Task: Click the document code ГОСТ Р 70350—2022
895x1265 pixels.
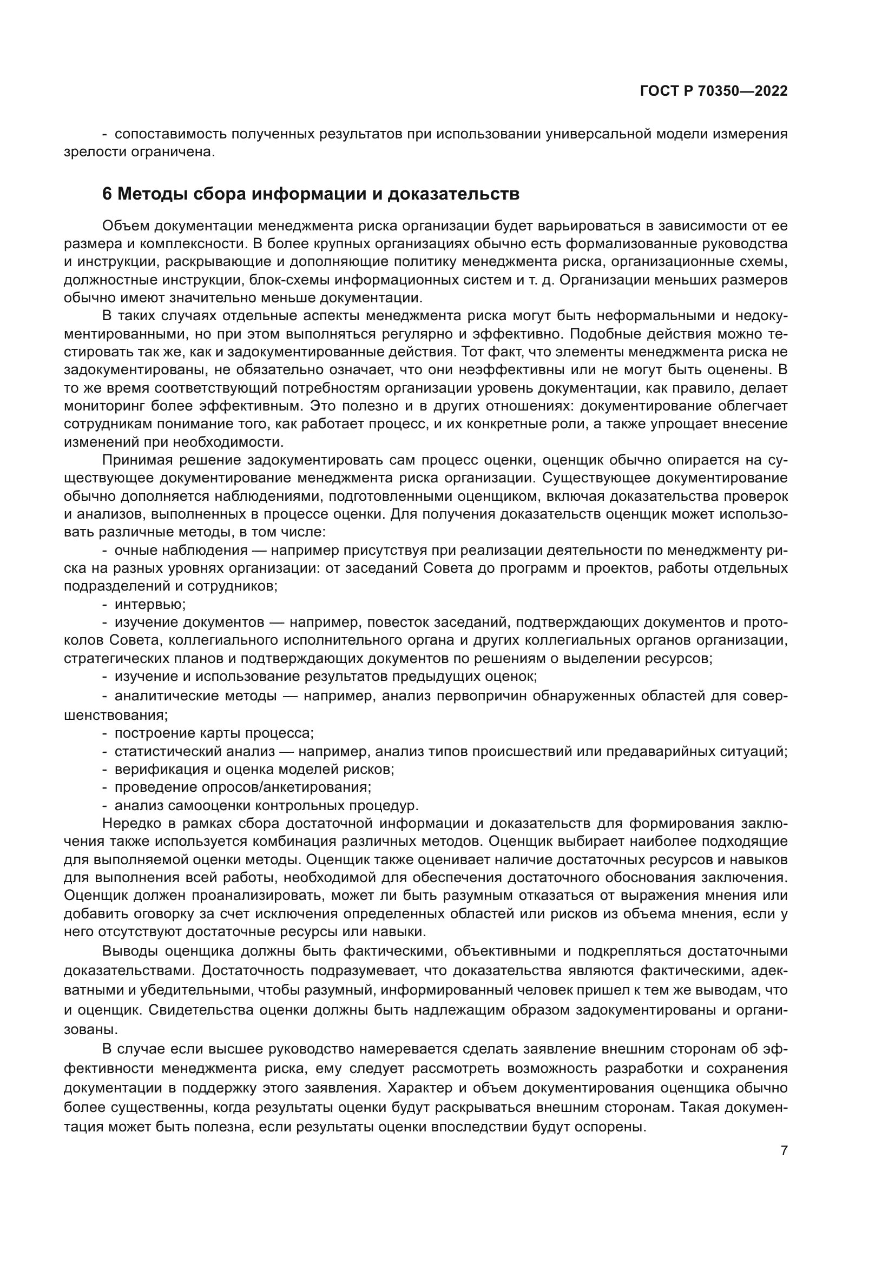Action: click(713, 91)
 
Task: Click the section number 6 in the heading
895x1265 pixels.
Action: click(107, 194)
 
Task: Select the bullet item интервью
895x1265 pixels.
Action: click(150, 605)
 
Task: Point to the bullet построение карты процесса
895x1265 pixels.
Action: click(214, 733)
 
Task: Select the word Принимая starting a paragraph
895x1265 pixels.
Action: click(133, 460)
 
